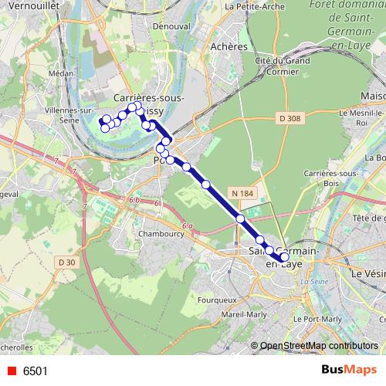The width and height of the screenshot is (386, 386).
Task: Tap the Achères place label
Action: click(229, 46)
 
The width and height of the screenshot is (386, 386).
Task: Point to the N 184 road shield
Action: click(242, 192)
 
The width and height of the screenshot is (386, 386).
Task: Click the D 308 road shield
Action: click(290, 118)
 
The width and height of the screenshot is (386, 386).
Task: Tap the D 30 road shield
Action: click(68, 262)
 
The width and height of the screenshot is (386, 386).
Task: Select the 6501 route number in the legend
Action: click(36, 371)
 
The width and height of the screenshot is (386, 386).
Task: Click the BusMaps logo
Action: click(348, 371)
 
